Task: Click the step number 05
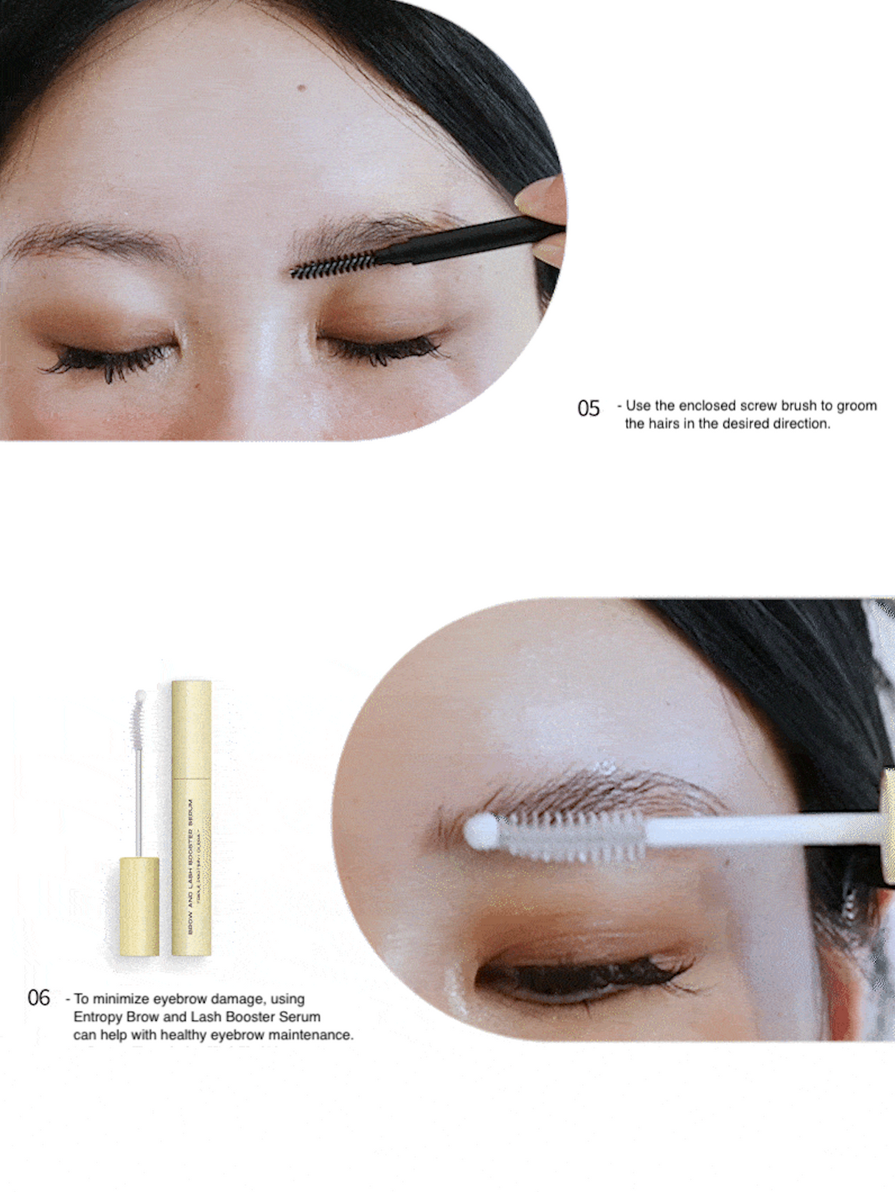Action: click(588, 408)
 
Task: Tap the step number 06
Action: click(38, 998)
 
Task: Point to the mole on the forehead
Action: click(301, 88)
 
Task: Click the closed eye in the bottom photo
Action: click(582, 973)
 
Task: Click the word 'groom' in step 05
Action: click(857, 405)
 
